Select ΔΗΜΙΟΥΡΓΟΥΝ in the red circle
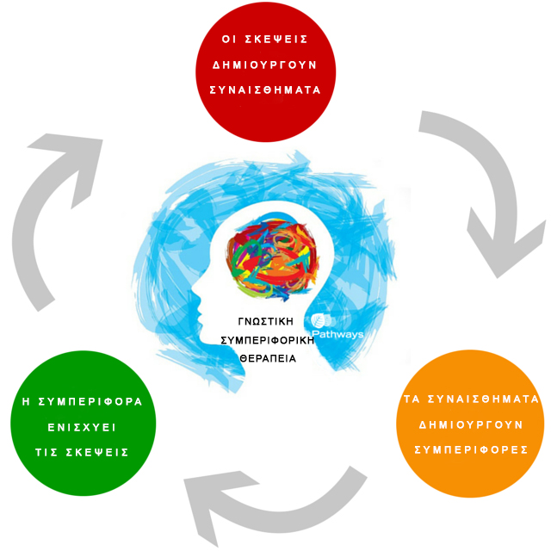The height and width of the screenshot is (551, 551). [266, 65]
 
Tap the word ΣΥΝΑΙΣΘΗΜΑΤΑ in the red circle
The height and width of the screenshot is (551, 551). [266, 90]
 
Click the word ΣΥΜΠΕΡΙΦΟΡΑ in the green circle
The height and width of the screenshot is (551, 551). [93, 401]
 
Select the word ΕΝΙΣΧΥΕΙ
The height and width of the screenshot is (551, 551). [83, 427]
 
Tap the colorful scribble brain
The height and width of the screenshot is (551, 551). [272, 259]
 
